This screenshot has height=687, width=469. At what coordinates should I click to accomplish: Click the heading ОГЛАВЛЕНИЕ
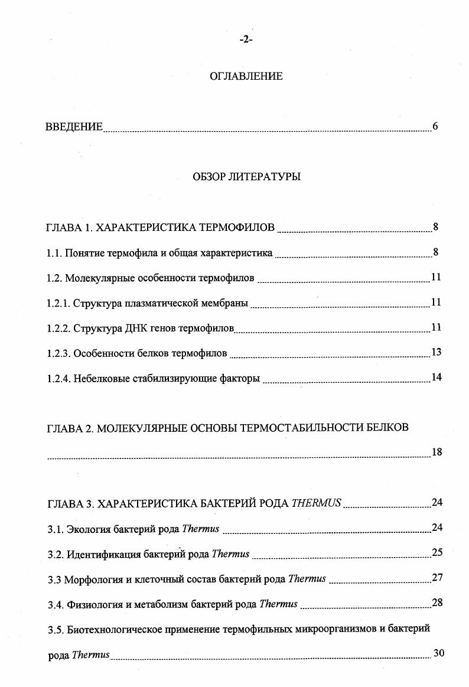(246, 76)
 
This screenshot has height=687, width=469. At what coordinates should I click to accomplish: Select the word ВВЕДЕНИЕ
(74, 127)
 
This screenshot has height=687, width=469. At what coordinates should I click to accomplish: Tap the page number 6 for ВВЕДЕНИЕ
(435, 126)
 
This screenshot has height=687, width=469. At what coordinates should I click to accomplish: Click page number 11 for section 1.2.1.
(437, 302)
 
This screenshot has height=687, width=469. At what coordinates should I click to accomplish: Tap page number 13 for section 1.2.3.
(437, 353)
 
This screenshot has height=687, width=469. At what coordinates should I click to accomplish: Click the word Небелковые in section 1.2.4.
(98, 379)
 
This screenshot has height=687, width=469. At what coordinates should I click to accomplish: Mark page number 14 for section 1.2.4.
(437, 377)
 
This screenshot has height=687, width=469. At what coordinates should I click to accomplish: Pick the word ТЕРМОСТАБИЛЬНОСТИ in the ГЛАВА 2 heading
(299, 428)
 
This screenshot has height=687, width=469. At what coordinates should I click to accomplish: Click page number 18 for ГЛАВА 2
(437, 452)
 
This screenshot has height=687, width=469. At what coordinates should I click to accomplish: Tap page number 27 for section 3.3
(437, 578)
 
